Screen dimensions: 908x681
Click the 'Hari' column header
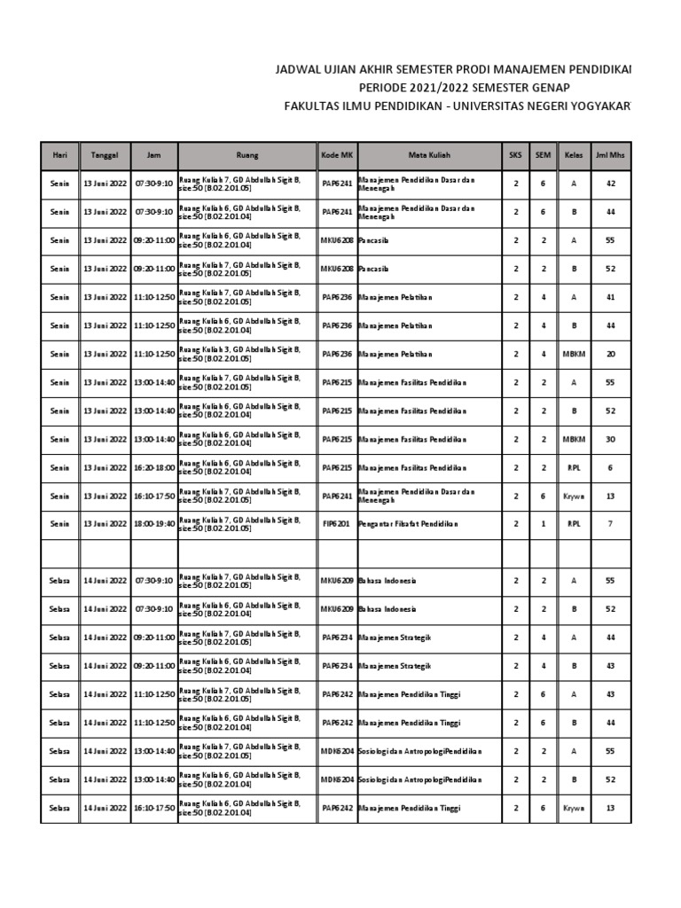[59, 154]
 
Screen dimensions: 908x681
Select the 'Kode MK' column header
[337, 154]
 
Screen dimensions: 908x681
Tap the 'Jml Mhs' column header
[610, 154]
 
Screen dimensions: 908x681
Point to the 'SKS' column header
[515, 154]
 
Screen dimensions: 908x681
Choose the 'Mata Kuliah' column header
[429, 154]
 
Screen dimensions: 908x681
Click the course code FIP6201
[336, 524]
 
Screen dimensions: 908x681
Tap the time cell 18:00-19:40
[154, 524]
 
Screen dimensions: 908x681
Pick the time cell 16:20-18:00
[154, 467]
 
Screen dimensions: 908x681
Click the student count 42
[610, 184]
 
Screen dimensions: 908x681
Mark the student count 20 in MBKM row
[610, 354]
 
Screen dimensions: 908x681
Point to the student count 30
[610, 439]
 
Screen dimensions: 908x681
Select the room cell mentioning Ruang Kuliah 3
[247, 354]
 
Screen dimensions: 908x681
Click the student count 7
[610, 524]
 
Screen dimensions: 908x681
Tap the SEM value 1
[543, 524]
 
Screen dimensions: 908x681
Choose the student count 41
[610, 297]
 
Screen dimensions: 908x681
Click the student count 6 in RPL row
[610, 467]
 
